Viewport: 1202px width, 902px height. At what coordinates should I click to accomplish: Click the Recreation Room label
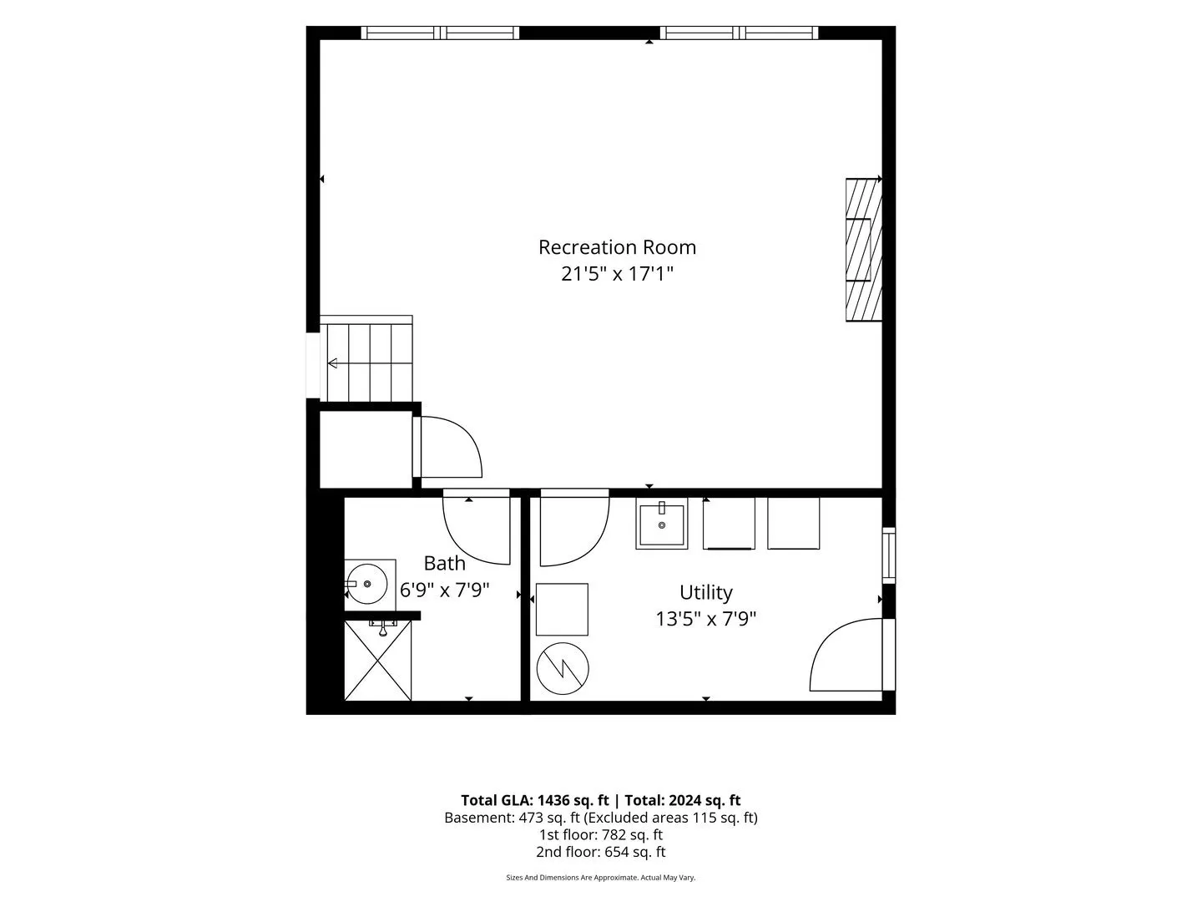[x=617, y=247]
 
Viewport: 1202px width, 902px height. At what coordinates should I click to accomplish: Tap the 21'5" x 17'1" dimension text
[x=617, y=274]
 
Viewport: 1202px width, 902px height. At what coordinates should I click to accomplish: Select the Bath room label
[x=444, y=563]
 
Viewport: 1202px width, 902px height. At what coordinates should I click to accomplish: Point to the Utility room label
[x=705, y=593]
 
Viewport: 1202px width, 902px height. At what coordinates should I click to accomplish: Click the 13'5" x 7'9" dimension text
[x=705, y=619]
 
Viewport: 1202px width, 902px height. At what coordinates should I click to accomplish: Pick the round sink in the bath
[x=367, y=584]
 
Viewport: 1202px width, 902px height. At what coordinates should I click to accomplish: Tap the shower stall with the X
[x=377, y=660]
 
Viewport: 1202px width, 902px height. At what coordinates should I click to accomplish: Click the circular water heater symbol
[x=563, y=669]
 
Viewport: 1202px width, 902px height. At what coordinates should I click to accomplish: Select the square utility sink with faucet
[x=661, y=523]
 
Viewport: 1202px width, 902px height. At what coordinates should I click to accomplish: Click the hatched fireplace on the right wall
[x=864, y=250]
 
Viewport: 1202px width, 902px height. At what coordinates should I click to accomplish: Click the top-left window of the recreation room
[x=440, y=33]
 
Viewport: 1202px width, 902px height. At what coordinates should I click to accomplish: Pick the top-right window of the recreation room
[x=739, y=33]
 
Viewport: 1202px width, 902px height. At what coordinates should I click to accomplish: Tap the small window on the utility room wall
[x=889, y=555]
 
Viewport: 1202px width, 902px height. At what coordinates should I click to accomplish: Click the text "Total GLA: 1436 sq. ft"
[x=534, y=801]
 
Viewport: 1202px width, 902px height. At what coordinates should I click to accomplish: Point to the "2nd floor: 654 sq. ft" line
[x=601, y=852]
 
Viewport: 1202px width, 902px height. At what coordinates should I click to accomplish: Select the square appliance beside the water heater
[x=562, y=610]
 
